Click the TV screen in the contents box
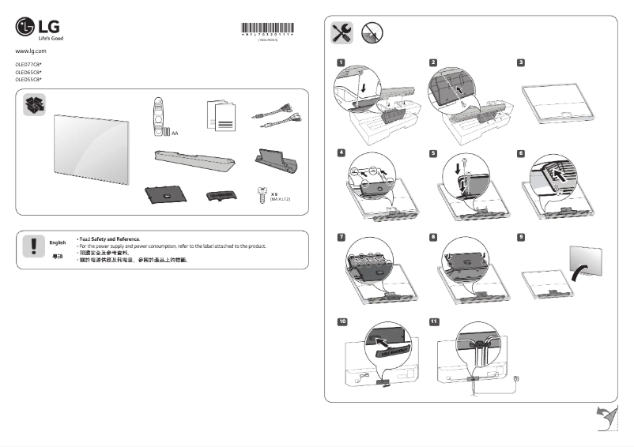[x=89, y=150]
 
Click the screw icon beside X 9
[x=262, y=197]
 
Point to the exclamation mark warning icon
[x=34, y=247]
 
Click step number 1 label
[x=340, y=62]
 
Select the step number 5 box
[x=432, y=152]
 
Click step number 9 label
[x=521, y=236]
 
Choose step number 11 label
[x=433, y=321]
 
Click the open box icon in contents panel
[x=35, y=104]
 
